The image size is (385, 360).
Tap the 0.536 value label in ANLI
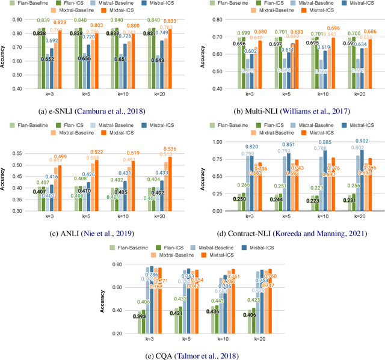pos(172,148)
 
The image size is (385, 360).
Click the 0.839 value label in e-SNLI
pos(43,20)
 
